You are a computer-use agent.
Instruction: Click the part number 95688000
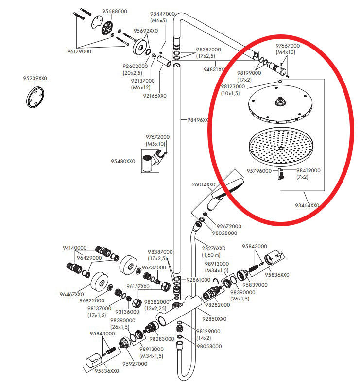point(115,11)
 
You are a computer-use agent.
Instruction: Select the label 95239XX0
point(35,78)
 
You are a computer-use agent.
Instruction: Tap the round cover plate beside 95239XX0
point(35,97)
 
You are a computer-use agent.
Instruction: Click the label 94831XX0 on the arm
point(214,69)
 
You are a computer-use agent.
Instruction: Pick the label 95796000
point(259,171)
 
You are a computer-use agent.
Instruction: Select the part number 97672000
point(157,137)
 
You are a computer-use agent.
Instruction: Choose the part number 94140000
point(74,248)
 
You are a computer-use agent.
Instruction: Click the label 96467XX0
point(72,294)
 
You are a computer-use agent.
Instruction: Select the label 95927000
point(135,363)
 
